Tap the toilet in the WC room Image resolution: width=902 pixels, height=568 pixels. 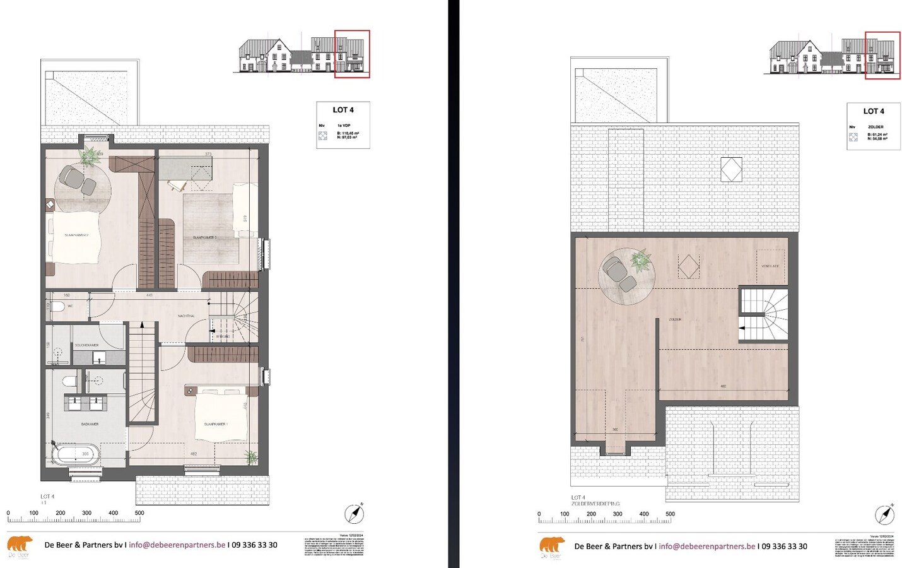click(x=57, y=307)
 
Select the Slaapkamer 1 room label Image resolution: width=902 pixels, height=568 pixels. click(x=216, y=424)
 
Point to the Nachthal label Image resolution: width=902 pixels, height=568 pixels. click(x=186, y=316)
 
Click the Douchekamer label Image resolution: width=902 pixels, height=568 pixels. click(x=86, y=345)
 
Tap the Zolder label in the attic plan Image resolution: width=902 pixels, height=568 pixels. click(x=675, y=320)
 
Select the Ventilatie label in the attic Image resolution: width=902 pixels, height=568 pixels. click(x=770, y=266)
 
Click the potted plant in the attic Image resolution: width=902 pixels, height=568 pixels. click(x=640, y=260)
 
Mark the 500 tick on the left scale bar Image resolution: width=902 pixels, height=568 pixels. click(x=139, y=514)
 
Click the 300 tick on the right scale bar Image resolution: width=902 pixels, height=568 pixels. click(x=618, y=514)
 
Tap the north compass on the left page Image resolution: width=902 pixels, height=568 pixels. click(x=354, y=514)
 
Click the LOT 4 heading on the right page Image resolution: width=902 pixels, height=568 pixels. click(x=874, y=111)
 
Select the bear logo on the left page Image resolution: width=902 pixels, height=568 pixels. click(x=20, y=545)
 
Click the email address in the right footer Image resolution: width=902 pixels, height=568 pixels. click(x=706, y=547)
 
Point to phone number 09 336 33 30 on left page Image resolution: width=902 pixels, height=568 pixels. click(x=254, y=545)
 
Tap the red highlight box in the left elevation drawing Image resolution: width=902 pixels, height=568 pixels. click(x=352, y=54)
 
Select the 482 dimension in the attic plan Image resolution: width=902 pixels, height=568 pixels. click(x=723, y=386)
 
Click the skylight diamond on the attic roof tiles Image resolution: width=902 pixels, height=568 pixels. click(x=731, y=170)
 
